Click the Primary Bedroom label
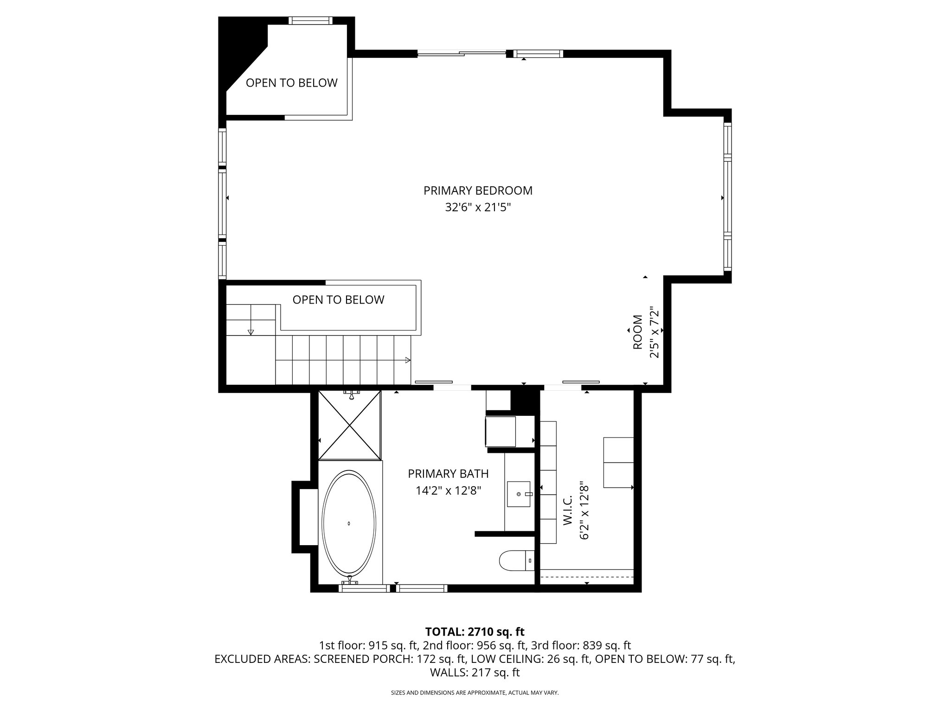click(477, 191)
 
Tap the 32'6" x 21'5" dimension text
click(477, 207)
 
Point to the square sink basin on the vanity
click(519, 494)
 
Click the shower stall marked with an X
click(350, 425)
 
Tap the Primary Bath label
click(448, 474)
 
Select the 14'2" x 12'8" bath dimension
click(448, 490)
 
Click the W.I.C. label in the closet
click(568, 510)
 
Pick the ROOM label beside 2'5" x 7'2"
click(638, 332)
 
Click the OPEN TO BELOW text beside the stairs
click(338, 300)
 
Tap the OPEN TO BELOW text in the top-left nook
click(291, 83)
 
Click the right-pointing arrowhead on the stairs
click(408, 360)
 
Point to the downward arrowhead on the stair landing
click(251, 332)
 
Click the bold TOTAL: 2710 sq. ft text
click(475, 631)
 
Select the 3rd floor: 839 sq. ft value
click(585, 645)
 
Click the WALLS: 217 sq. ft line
click(475, 673)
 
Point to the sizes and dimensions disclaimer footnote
click(475, 693)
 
